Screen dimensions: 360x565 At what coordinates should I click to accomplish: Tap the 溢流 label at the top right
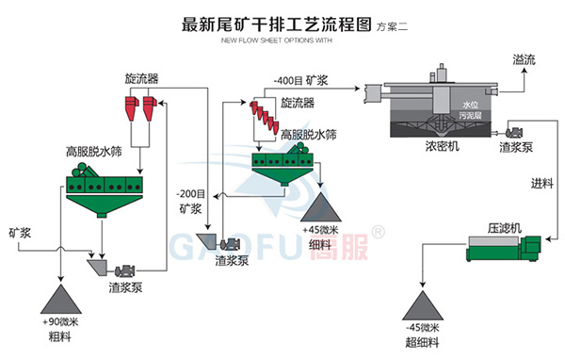point(525,59)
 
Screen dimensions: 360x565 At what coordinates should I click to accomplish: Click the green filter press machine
point(508,252)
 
